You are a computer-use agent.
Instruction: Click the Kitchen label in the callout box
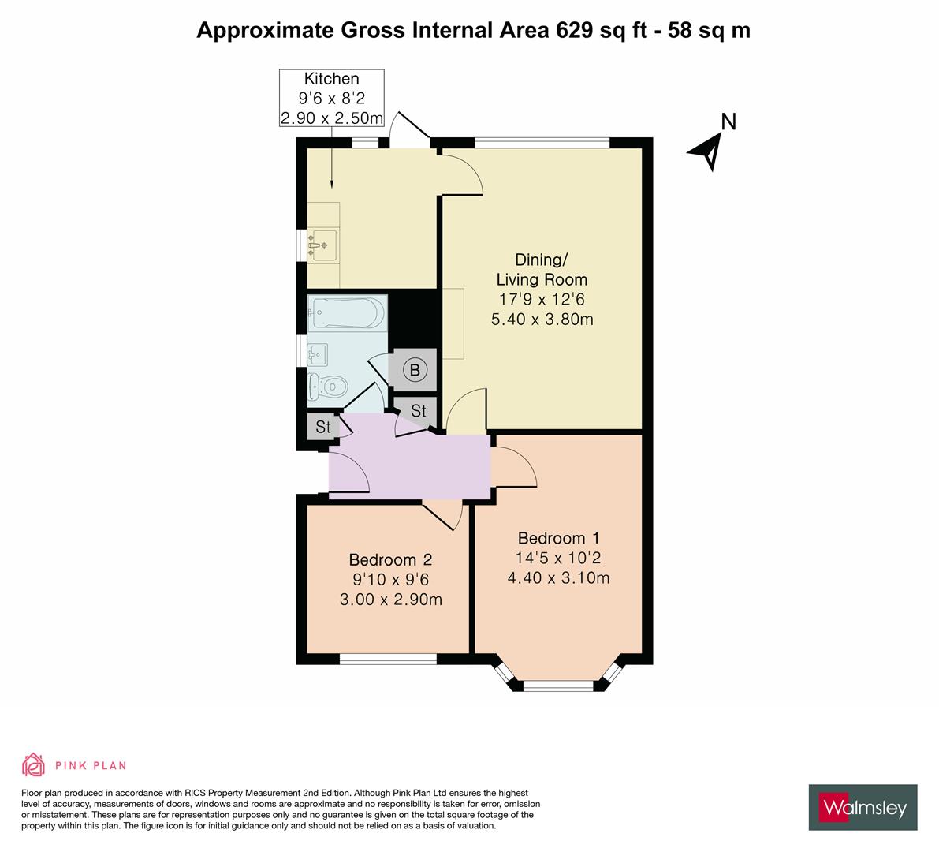pyautogui.click(x=331, y=79)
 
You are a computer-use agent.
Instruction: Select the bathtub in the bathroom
pyautogui.click(x=348, y=312)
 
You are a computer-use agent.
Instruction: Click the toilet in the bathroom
pyautogui.click(x=328, y=387)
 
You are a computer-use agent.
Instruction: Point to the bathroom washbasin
pyautogui.click(x=319, y=352)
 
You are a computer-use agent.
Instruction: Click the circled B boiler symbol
pyautogui.click(x=415, y=369)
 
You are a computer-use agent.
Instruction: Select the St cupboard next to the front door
pyautogui.click(x=322, y=428)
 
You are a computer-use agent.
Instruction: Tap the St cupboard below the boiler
pyautogui.click(x=418, y=410)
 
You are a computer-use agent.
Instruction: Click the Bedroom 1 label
pyautogui.click(x=558, y=539)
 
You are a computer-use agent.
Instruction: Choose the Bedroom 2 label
pyautogui.click(x=390, y=560)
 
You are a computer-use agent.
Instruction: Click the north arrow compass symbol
pyautogui.click(x=706, y=150)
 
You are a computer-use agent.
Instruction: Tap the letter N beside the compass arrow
pyautogui.click(x=729, y=121)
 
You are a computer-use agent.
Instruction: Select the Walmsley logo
pyautogui.click(x=863, y=807)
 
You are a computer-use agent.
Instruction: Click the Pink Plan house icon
pyautogui.click(x=33, y=765)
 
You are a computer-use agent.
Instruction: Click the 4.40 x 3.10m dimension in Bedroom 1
pyautogui.click(x=558, y=577)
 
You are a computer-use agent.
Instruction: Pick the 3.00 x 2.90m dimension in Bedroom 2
pyautogui.click(x=390, y=600)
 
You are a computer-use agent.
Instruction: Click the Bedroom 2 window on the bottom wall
pyautogui.click(x=387, y=659)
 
